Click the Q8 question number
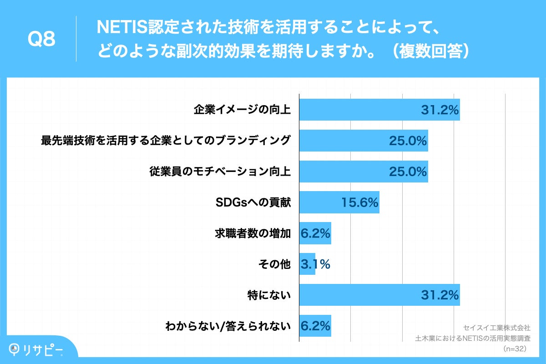41,40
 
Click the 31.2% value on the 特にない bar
439,295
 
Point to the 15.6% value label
359,202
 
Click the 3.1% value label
315,264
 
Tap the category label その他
278,264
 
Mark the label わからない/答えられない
228,326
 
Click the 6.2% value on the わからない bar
315,326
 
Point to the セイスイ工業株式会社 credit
497,327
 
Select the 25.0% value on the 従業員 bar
408,172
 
